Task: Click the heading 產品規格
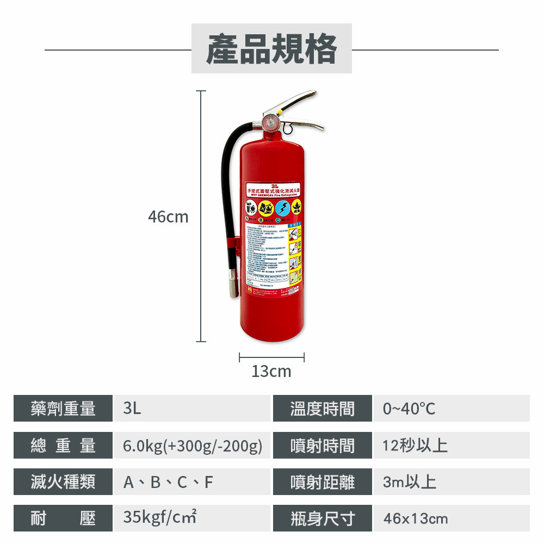coord(271,49)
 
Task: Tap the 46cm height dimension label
coord(168,217)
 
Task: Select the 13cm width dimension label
coord(271,372)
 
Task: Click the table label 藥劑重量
coord(63,409)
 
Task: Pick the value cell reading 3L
coord(132,409)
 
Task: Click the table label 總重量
coord(63,446)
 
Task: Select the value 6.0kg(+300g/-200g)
coord(193,446)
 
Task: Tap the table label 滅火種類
coord(63,481)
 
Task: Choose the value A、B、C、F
coord(168,482)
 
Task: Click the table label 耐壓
coord(63,518)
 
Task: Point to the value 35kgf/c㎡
coord(159,517)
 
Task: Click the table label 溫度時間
coord(322,409)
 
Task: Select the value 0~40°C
coord(409,409)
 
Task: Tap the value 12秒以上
coord(415,446)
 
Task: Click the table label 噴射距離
coord(322,482)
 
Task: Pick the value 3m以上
coord(409,482)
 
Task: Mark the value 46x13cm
coord(416,518)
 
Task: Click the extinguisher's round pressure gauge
coord(270,121)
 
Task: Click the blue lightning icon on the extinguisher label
coord(282,208)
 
